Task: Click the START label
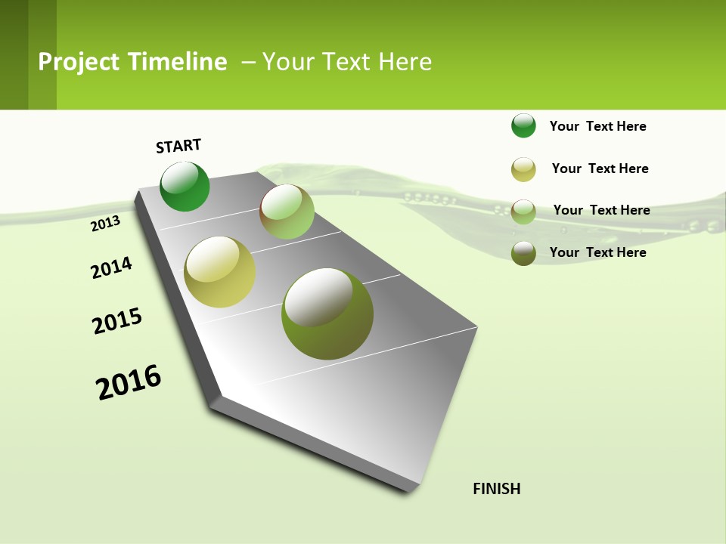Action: coord(178,146)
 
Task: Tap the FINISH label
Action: coord(496,489)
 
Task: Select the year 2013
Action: coord(105,223)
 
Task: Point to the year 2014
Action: coord(111,268)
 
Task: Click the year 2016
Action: coord(129,382)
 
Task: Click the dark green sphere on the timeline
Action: coord(185,187)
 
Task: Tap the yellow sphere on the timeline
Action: coord(219,272)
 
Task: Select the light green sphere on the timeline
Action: coord(287,212)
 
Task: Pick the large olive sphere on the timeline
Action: coord(327,314)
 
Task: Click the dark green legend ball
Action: coord(523,125)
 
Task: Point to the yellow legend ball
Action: coord(523,168)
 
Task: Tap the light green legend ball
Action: coord(523,211)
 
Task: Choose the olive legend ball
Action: coord(523,253)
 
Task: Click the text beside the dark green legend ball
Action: coord(597,126)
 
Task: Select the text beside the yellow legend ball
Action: coord(600,168)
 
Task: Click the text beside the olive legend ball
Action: coord(597,252)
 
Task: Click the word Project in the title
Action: coord(79,62)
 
